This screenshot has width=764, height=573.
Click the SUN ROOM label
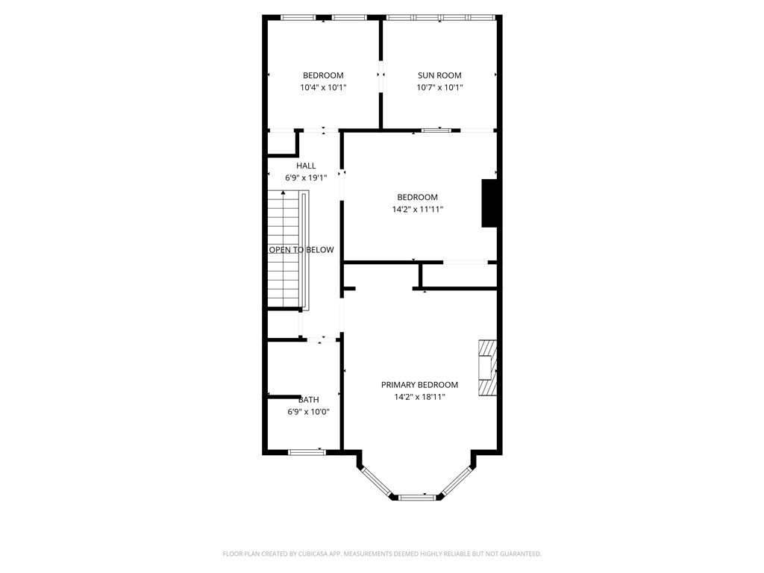[439, 75]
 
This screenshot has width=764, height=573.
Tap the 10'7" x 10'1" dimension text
[439, 88]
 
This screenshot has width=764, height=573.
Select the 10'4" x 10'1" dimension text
[323, 88]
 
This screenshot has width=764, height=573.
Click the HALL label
[306, 166]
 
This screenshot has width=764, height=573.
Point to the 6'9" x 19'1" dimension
[306, 178]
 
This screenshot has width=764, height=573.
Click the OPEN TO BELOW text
[301, 250]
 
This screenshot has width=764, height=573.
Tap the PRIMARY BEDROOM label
[419, 385]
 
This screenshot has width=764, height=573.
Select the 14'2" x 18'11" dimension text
[419, 397]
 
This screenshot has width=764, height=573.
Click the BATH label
[308, 400]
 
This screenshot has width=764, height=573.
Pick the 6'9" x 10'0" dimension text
[308, 412]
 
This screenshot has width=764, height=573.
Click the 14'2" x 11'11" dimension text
[418, 210]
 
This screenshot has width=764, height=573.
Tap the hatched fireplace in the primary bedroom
[487, 367]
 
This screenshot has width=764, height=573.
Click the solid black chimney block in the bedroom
[489, 203]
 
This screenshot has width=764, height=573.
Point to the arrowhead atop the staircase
[283, 192]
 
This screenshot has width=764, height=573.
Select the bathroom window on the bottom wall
[307, 452]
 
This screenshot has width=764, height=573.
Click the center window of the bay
[416, 498]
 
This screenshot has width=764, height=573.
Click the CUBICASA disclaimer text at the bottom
[382, 554]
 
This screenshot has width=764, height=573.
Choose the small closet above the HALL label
[281, 143]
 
